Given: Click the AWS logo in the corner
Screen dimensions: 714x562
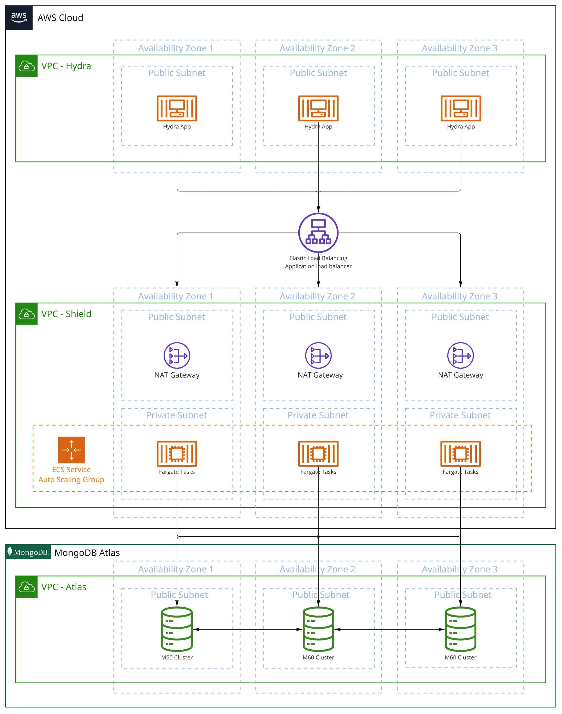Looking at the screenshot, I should click(x=19, y=17).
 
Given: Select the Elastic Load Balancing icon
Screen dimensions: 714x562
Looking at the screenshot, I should click(x=318, y=232).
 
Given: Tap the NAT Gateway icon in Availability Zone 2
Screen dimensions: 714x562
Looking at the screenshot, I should click(x=318, y=355).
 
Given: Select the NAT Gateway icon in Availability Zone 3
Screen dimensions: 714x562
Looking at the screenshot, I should click(x=460, y=355).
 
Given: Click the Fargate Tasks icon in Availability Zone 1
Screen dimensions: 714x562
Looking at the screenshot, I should click(x=177, y=454).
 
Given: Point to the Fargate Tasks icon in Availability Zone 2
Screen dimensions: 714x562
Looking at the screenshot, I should click(x=318, y=454).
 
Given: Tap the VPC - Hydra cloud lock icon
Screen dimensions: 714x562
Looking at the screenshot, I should click(x=26, y=66).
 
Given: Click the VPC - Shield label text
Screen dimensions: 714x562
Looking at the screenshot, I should click(x=66, y=314).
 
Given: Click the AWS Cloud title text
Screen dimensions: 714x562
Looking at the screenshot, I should click(x=60, y=18).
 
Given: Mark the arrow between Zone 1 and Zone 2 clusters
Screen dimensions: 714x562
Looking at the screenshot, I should click(x=248, y=629).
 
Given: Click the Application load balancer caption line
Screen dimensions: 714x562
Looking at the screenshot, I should click(x=318, y=266).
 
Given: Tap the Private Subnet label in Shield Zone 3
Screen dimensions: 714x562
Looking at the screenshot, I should click(x=460, y=415).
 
